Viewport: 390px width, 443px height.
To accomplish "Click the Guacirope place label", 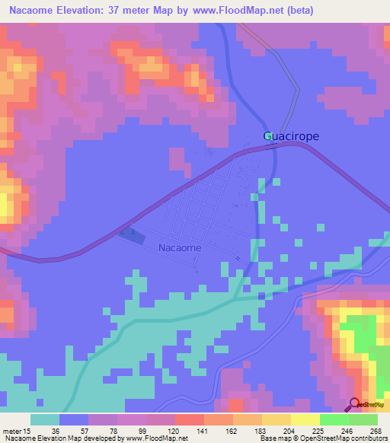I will coord(291,136).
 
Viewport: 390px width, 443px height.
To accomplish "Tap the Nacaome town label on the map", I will coord(180,247).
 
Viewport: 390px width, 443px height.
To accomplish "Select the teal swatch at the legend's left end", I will coord(45,419).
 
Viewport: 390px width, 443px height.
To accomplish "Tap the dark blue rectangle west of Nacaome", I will coord(131,236).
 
